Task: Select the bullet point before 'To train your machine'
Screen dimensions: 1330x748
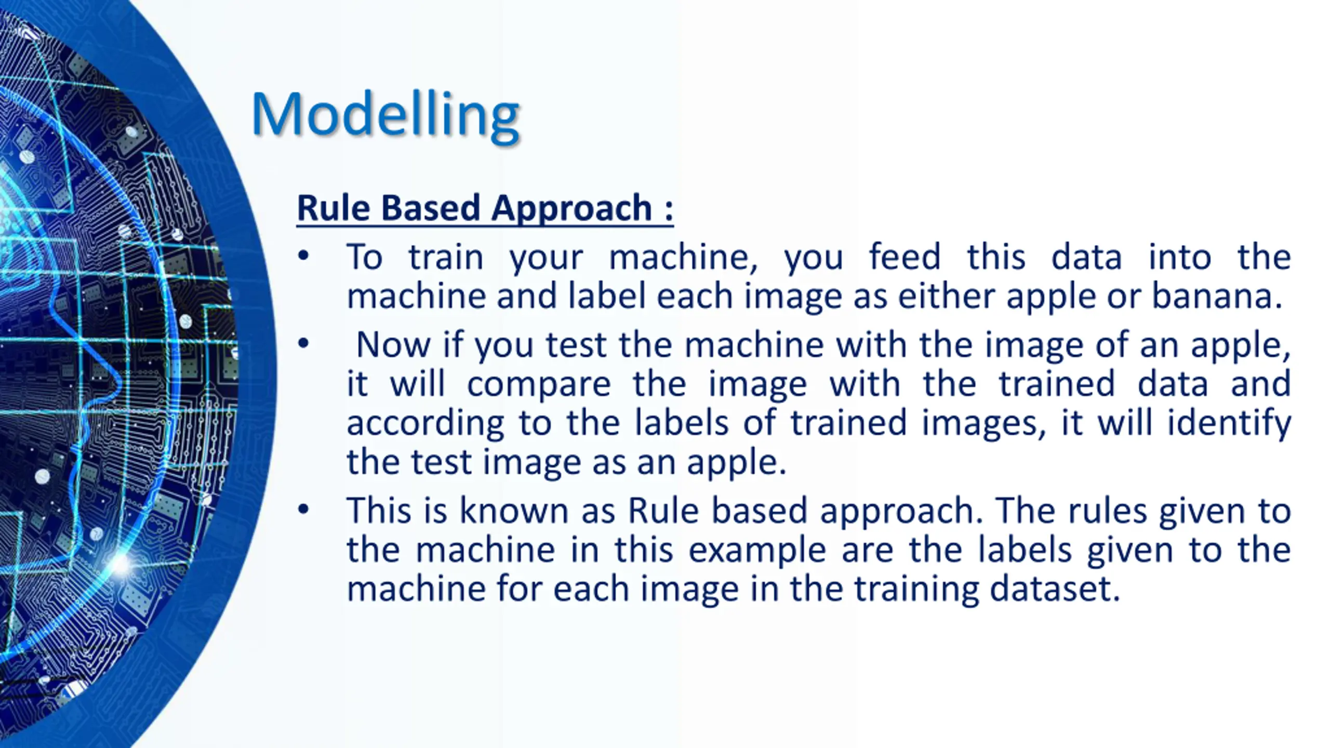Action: [x=303, y=256]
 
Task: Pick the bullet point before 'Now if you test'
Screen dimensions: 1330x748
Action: [x=303, y=343]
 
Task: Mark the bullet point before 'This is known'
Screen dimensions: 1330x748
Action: [x=303, y=509]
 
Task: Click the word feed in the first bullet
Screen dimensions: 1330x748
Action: [x=905, y=257]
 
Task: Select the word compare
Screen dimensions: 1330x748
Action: [x=539, y=384]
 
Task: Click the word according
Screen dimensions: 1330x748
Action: [x=425, y=423]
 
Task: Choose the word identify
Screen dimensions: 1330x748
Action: [x=1229, y=423]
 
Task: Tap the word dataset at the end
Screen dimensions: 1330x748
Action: [x=1055, y=589]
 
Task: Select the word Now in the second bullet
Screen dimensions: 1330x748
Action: [x=393, y=344]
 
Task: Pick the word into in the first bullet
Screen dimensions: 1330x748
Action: [x=1180, y=257]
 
